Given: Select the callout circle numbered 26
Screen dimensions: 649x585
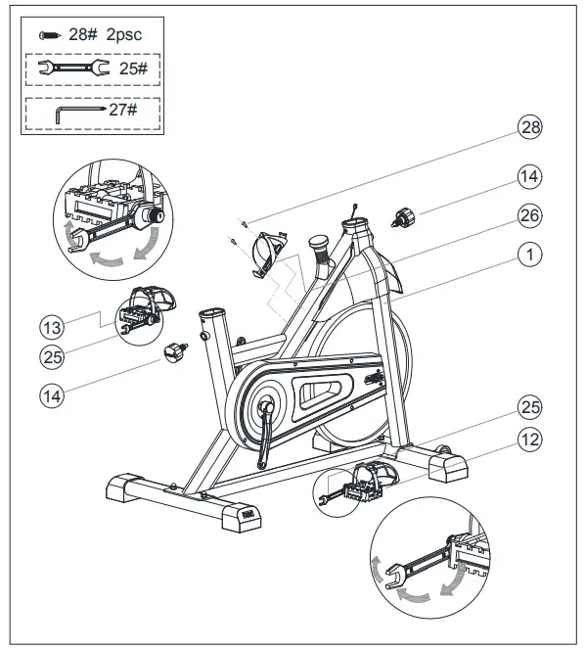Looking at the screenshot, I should [x=529, y=214].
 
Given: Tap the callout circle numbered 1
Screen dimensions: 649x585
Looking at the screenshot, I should [x=529, y=255].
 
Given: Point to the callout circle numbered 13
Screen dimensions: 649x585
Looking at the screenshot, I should [x=52, y=323].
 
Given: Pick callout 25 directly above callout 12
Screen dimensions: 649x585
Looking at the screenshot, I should [x=529, y=407].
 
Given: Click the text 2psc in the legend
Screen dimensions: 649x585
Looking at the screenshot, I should [x=126, y=33].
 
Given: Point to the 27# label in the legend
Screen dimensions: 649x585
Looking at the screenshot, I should [x=123, y=111].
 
